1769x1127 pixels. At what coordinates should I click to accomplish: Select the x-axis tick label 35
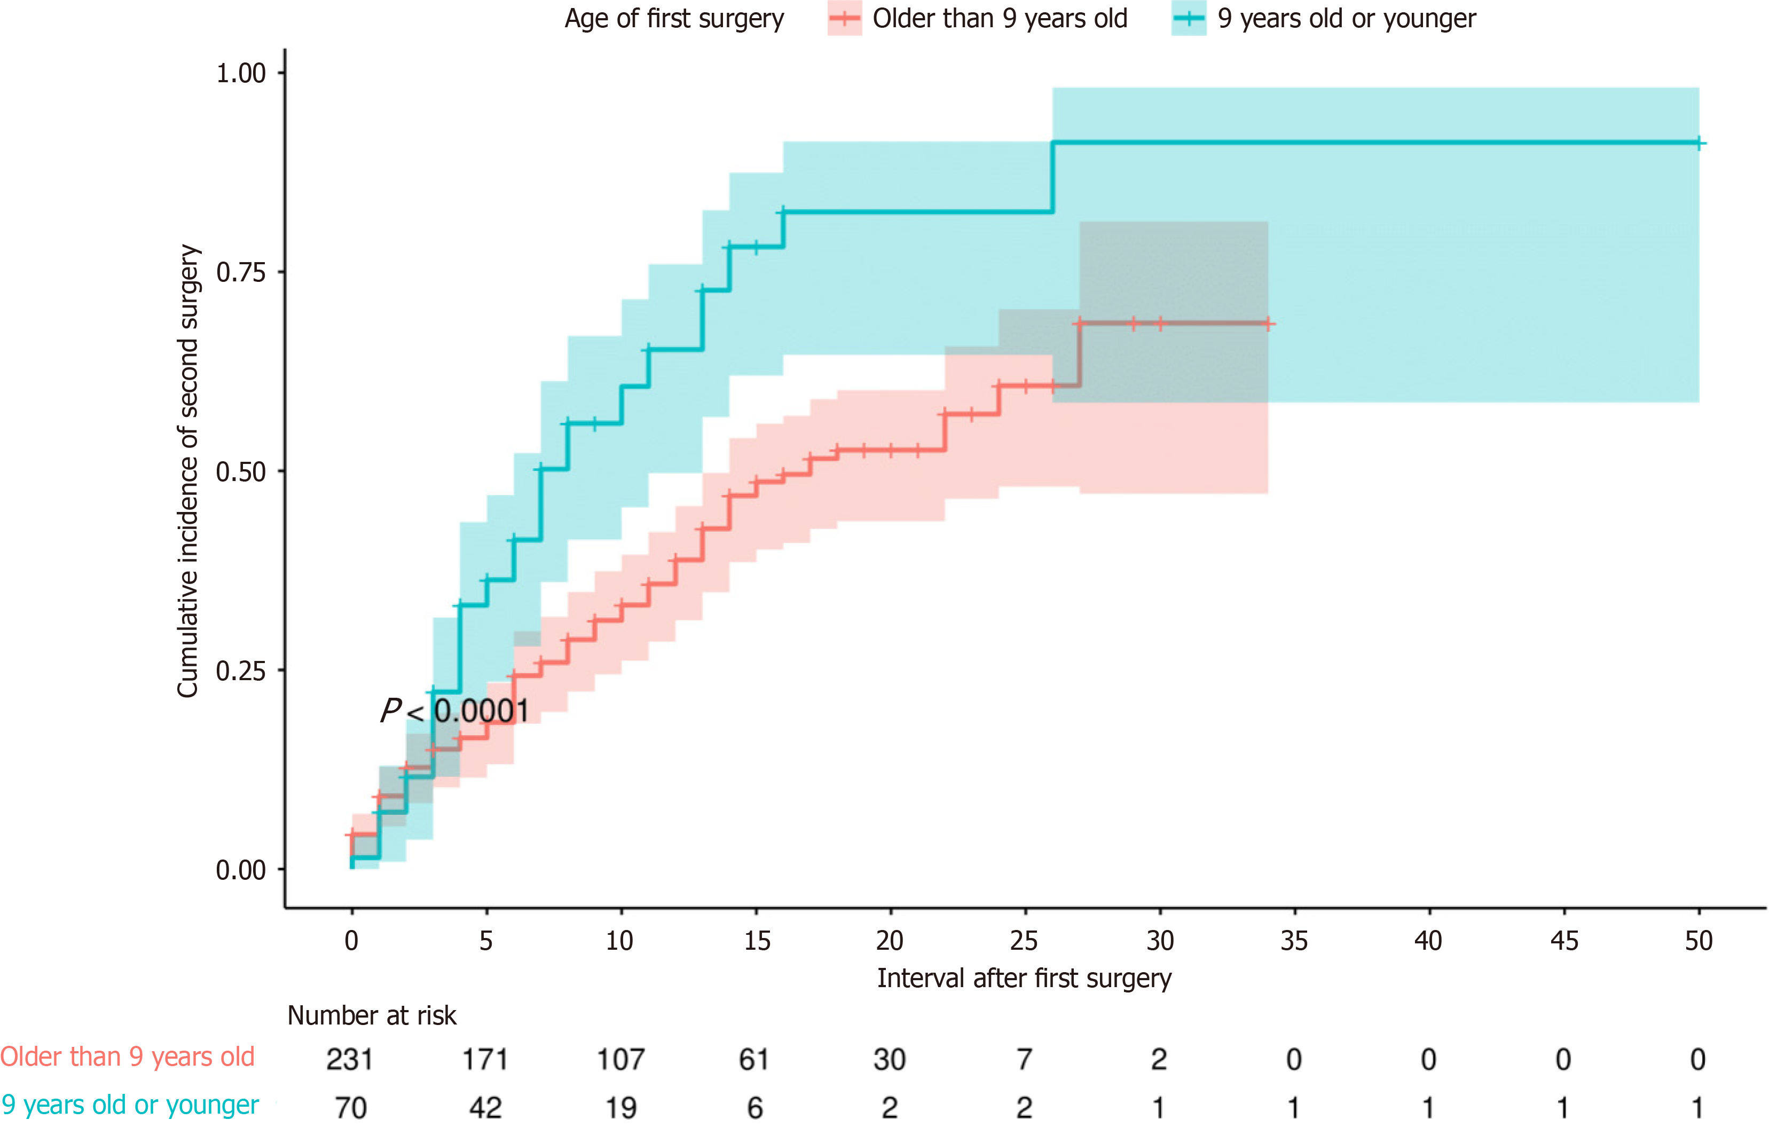(x=1294, y=940)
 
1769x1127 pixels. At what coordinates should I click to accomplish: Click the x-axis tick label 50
(x=1699, y=940)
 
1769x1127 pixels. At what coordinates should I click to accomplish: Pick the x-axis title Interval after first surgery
(x=1024, y=979)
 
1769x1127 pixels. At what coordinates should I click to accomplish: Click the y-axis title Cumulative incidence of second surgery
(x=188, y=471)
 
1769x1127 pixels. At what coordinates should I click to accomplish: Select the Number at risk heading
(x=372, y=1015)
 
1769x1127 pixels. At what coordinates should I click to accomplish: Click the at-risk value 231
(x=350, y=1059)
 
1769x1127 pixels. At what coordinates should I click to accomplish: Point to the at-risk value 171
(x=485, y=1059)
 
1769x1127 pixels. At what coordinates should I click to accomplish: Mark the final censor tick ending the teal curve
(x=1699, y=143)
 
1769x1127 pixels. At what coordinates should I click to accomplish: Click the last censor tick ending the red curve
(x=1268, y=324)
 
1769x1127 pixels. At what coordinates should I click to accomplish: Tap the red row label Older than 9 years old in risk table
(x=127, y=1057)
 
